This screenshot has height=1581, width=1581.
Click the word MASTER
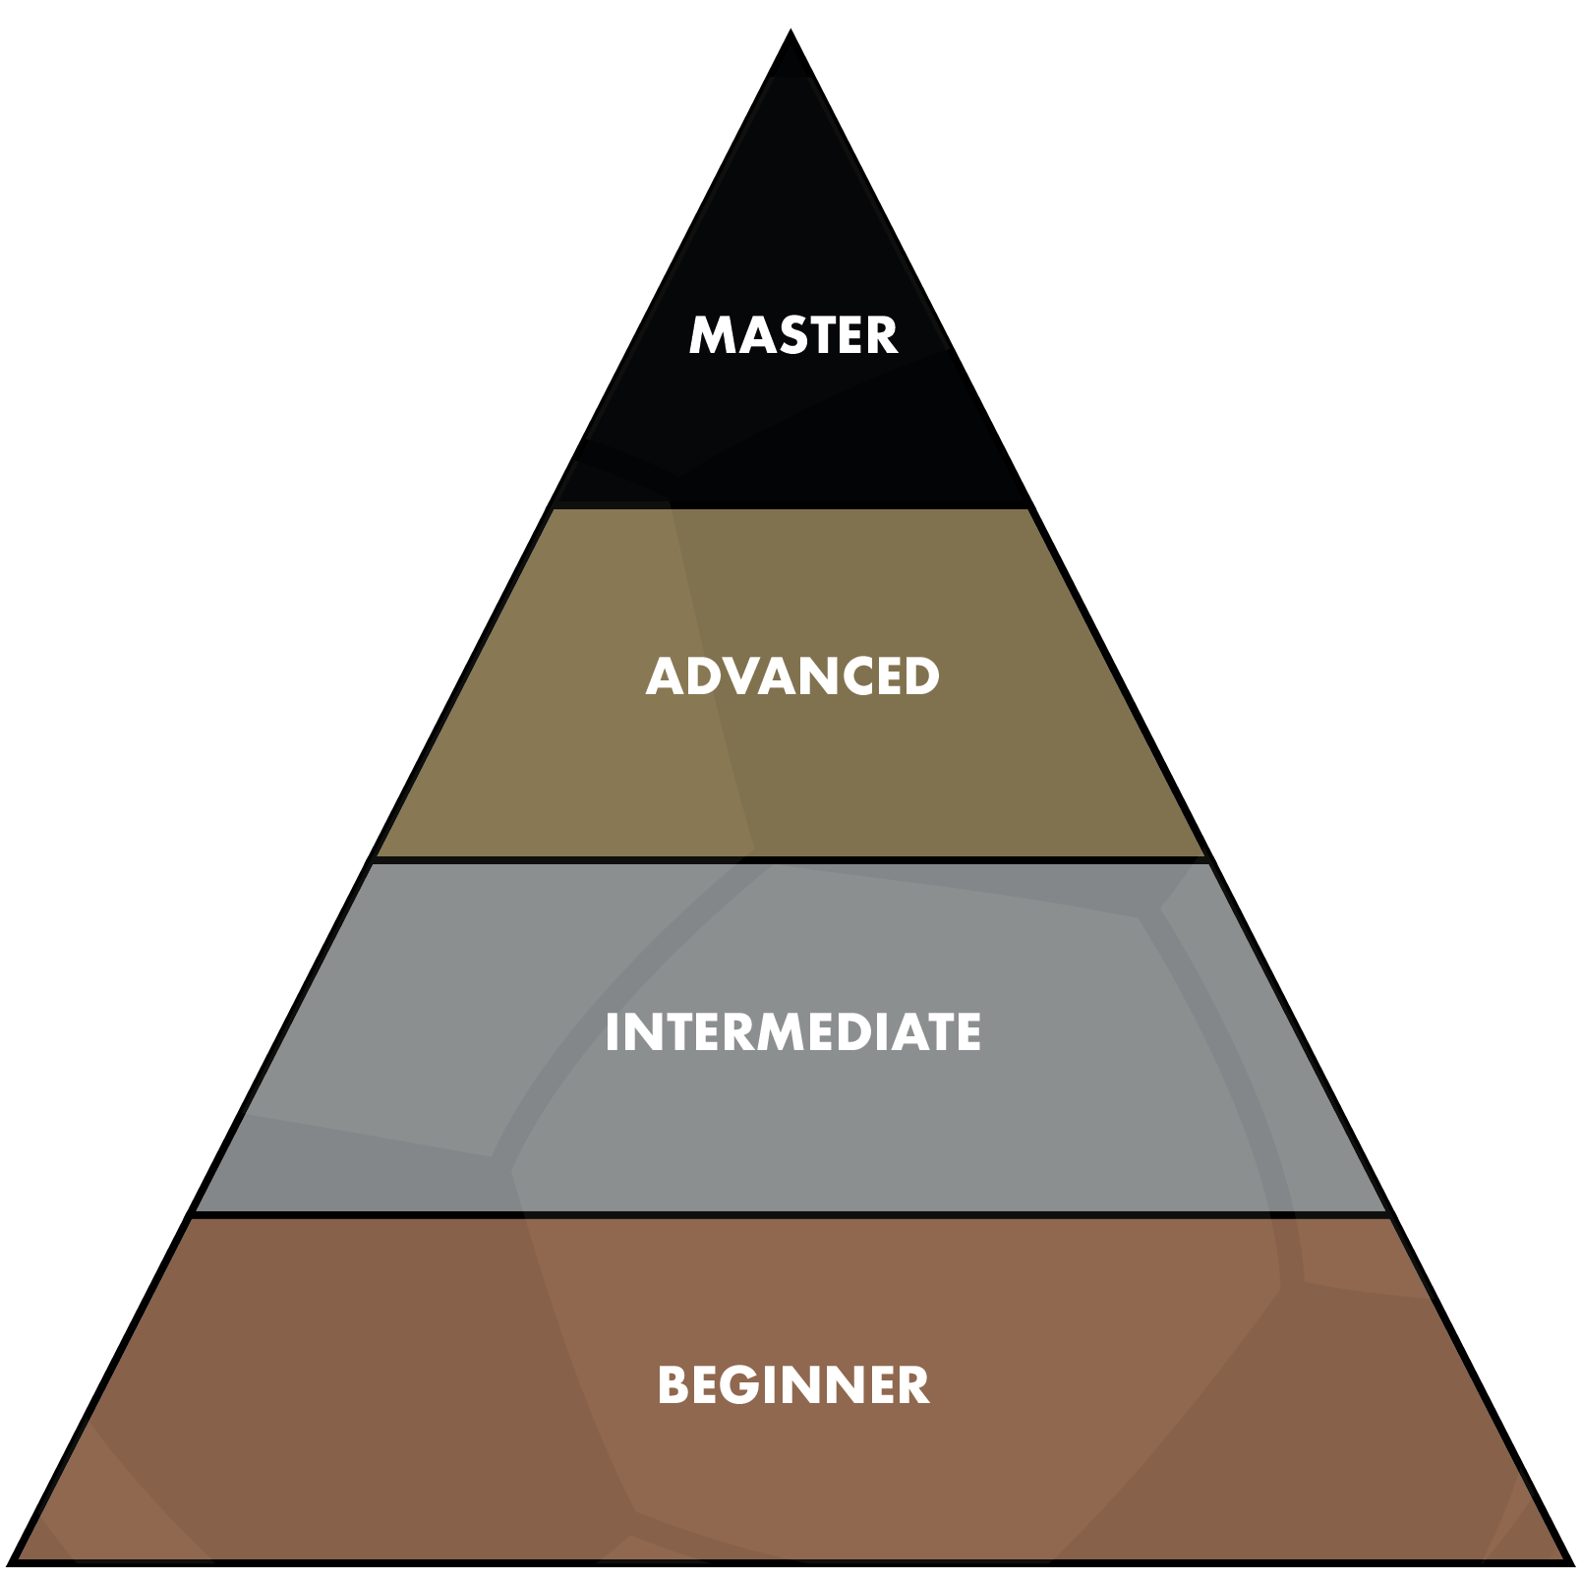coord(792,335)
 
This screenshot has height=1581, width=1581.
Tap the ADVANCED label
coord(792,676)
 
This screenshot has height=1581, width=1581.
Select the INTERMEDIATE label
coord(792,1032)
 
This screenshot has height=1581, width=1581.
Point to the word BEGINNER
coord(792,1384)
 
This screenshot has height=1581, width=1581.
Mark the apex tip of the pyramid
coord(791,30)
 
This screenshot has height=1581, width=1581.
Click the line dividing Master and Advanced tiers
coord(791,507)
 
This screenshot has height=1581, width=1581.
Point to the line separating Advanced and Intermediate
coord(791,860)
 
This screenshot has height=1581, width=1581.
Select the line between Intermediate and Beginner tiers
coord(791,1215)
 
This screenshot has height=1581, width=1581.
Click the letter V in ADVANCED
coord(739,676)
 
